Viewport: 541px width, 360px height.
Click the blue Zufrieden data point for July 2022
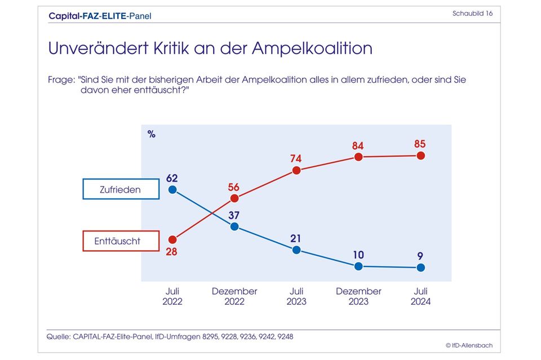tap(172, 190)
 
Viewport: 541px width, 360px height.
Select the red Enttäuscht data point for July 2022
tap(172, 239)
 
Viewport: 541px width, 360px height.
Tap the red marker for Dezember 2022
tap(234, 198)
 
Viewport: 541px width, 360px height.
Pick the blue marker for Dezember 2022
tap(234, 226)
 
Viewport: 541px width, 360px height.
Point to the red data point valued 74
tap(296, 170)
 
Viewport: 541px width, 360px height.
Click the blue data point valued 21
tap(296, 250)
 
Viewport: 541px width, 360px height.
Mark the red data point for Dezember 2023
tap(358, 157)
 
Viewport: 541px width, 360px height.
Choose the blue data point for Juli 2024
tap(420, 268)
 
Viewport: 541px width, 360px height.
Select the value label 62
tap(172, 178)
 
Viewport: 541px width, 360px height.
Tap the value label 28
tap(171, 252)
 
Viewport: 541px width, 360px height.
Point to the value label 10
tap(358, 255)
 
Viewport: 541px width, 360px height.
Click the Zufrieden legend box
tap(121, 190)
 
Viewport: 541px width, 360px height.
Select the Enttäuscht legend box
tap(121, 241)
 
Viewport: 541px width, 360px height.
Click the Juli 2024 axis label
tap(420, 296)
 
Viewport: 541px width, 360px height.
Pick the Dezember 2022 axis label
tap(234, 296)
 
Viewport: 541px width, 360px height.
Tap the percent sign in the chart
tap(151, 134)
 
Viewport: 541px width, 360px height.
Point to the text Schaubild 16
tap(472, 14)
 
